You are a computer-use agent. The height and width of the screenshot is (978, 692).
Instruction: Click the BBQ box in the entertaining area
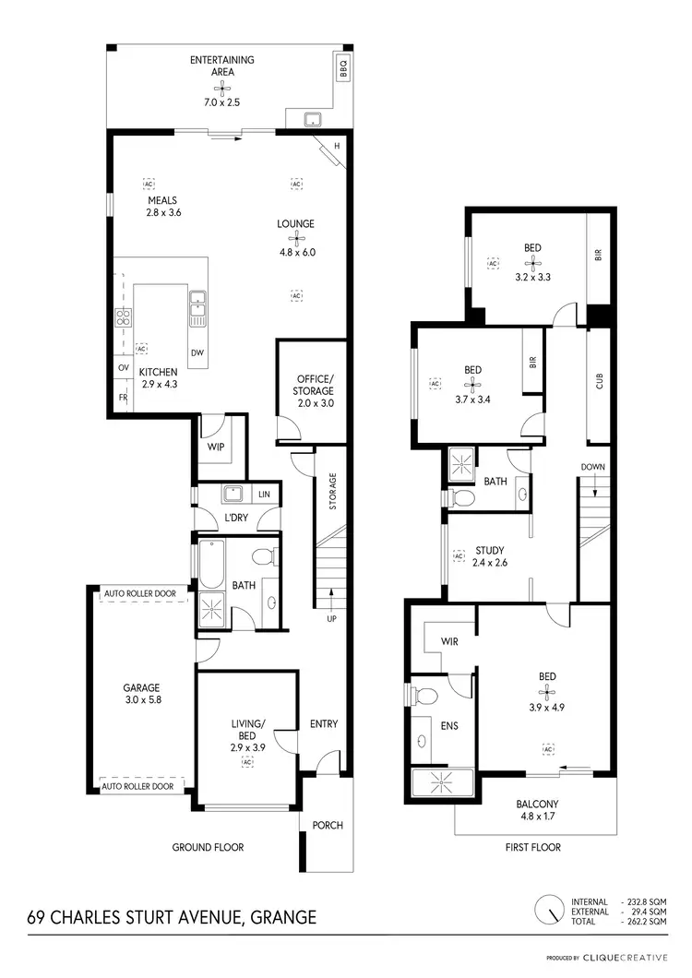tap(341, 67)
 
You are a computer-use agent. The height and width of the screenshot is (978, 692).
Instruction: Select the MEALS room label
tap(161, 200)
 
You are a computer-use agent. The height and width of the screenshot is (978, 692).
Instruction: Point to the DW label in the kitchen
tap(197, 353)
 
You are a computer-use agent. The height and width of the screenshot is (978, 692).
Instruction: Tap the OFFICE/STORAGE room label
tap(314, 385)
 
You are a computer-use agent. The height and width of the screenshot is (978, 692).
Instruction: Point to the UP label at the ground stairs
tap(330, 618)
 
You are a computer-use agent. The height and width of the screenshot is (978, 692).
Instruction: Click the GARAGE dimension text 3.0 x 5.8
tap(142, 700)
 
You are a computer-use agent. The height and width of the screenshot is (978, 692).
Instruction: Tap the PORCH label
tap(328, 825)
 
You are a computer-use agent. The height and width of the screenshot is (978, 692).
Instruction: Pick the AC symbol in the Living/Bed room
tap(246, 763)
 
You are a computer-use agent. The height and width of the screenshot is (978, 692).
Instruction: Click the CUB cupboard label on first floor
tap(599, 380)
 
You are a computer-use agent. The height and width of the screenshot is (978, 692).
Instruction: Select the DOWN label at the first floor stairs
tap(592, 467)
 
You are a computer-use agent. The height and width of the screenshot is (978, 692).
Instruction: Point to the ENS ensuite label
tap(450, 726)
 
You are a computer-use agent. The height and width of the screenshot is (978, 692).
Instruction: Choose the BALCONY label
tap(536, 804)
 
